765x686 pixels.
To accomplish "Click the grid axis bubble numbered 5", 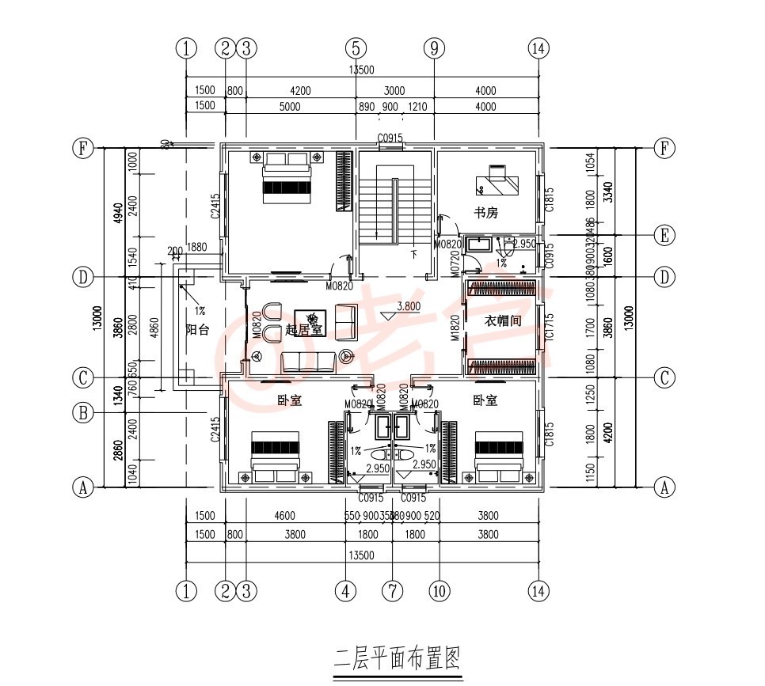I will (x=356, y=48).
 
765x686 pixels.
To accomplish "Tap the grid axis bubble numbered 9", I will (x=434, y=48).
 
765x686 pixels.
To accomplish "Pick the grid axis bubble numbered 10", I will (x=439, y=590).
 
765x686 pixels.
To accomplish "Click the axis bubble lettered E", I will (x=665, y=235).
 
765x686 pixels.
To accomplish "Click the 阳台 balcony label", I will (x=197, y=329).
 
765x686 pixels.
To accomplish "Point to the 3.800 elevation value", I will (x=408, y=306).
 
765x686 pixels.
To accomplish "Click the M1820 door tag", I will (x=455, y=328).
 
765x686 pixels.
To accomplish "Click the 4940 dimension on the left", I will (x=117, y=212).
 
